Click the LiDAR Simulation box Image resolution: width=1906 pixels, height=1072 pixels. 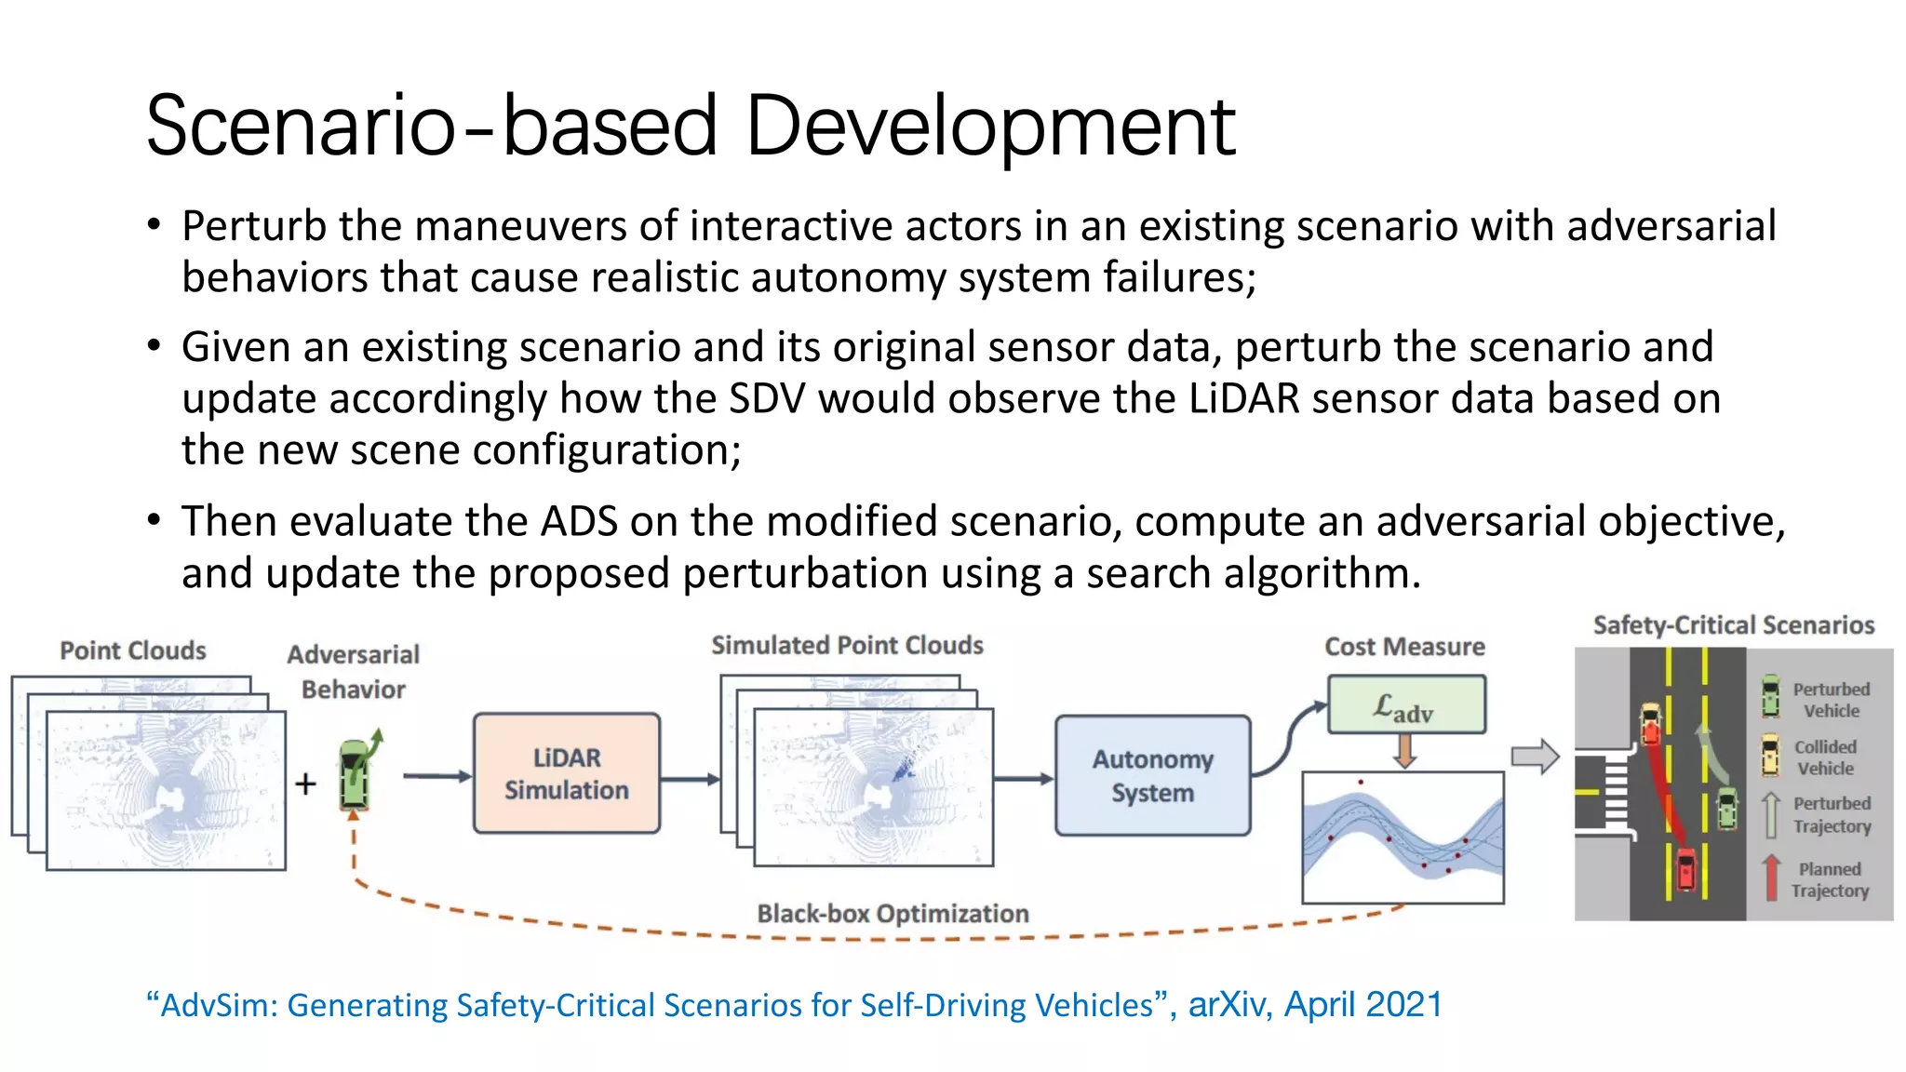pyautogui.click(x=566, y=773)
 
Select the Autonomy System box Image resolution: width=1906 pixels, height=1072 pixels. pyautogui.click(x=1152, y=775)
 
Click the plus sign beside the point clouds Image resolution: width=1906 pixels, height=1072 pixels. pyautogui.click(x=305, y=784)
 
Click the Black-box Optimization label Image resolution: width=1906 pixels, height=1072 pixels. pyautogui.click(x=893, y=914)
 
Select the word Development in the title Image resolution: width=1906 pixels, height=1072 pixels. pyautogui.click(x=990, y=127)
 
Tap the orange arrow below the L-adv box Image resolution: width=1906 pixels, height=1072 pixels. pyautogui.click(x=1405, y=750)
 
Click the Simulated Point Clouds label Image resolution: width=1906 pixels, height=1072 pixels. pyautogui.click(x=847, y=645)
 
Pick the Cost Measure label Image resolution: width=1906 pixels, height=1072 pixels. pyautogui.click(x=1404, y=647)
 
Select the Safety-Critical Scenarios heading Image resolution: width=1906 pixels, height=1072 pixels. pyautogui.click(x=1733, y=625)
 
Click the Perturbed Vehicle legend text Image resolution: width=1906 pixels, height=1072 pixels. pyautogui.click(x=1831, y=700)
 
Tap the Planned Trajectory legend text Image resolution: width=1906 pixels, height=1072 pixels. pyautogui.click(x=1830, y=879)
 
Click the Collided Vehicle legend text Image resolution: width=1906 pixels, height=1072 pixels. pyautogui.click(x=1825, y=757)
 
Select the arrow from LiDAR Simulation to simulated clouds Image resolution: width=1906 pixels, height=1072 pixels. pyautogui.click(x=690, y=779)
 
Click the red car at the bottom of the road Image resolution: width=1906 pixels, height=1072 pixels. pyautogui.click(x=1685, y=869)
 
